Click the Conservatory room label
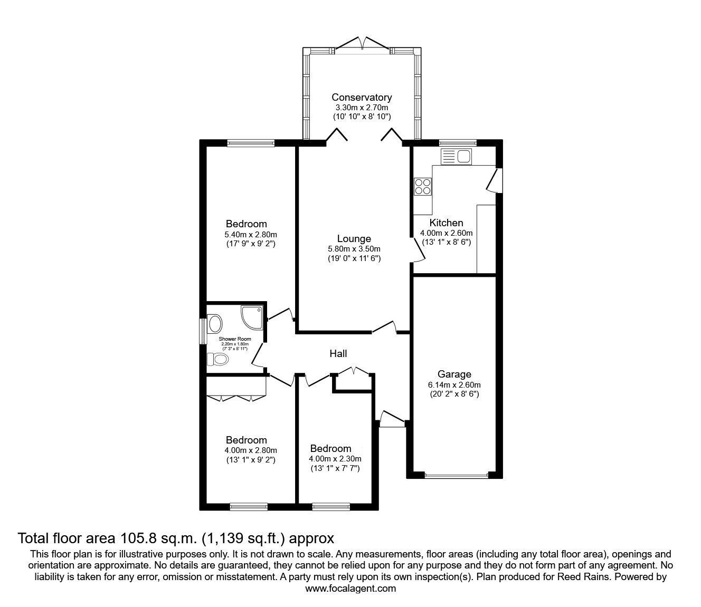click(x=362, y=98)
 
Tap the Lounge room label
click(x=354, y=239)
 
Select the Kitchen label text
click(x=446, y=223)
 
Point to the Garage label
click(x=454, y=374)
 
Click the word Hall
click(x=338, y=354)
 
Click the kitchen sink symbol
click(x=457, y=157)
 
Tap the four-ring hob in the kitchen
click(x=423, y=186)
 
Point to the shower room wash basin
click(x=215, y=322)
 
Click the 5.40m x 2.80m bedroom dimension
click(x=251, y=235)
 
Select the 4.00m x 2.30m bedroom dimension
click(x=335, y=459)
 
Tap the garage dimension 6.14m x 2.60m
click(x=454, y=384)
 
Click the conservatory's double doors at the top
click(x=362, y=43)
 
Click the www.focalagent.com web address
click(x=350, y=589)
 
